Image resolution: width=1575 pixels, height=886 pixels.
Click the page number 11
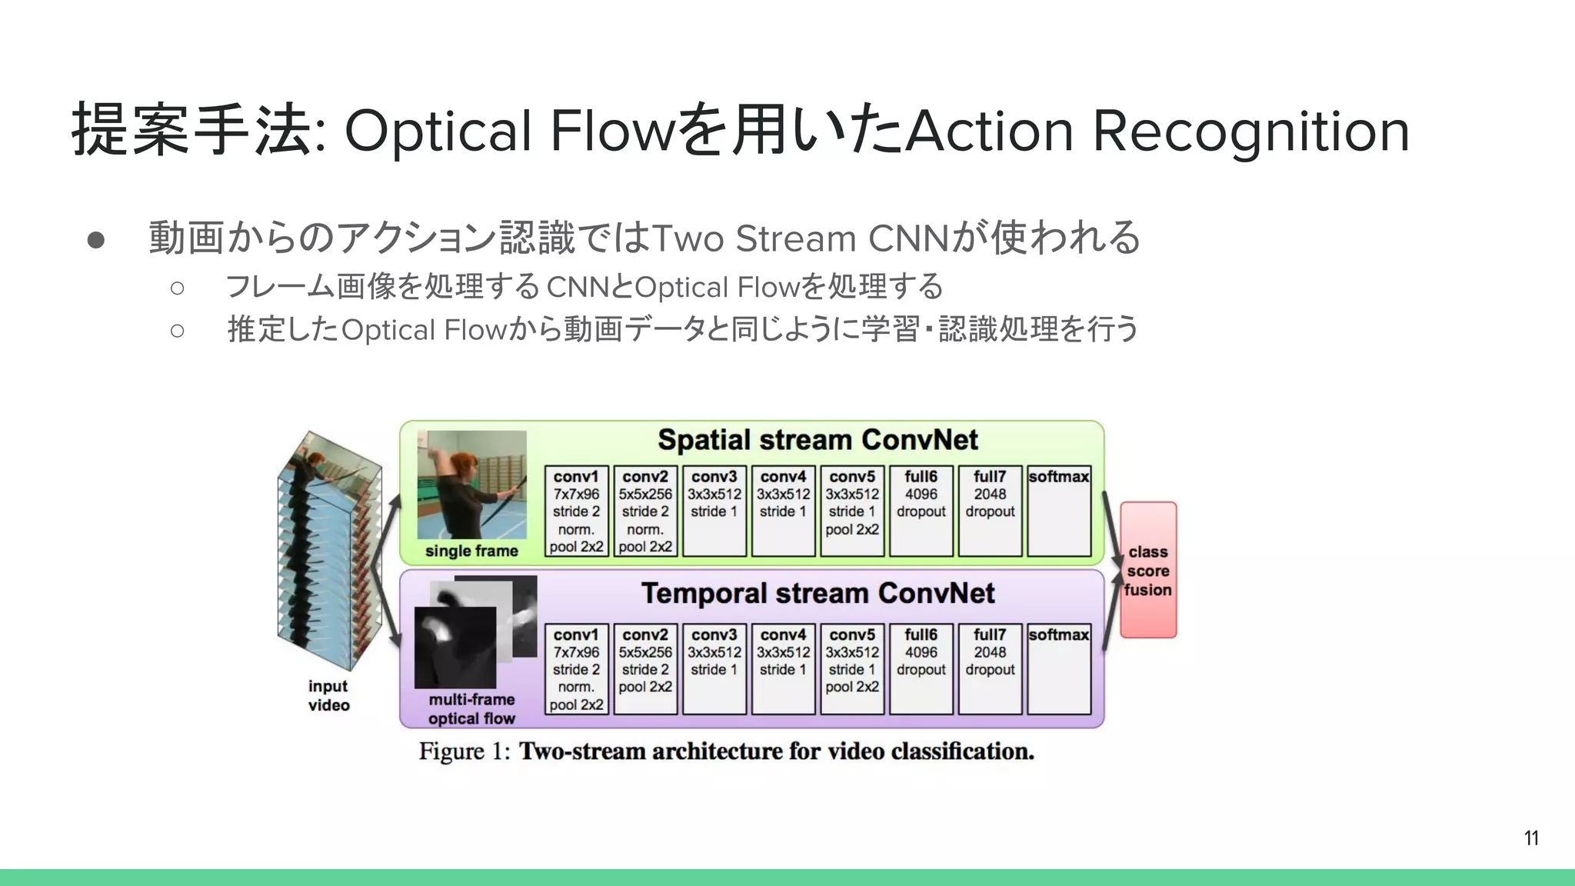click(x=1531, y=838)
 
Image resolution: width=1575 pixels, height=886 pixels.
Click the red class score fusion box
click(x=1148, y=570)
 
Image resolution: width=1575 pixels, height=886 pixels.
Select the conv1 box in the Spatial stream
click(x=576, y=511)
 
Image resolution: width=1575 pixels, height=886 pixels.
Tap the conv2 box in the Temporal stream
click(x=645, y=668)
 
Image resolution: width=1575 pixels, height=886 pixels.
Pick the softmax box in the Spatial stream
click(x=1059, y=511)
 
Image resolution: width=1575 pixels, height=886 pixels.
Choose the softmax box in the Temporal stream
click(x=1059, y=668)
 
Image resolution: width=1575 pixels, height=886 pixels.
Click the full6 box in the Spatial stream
click(x=921, y=511)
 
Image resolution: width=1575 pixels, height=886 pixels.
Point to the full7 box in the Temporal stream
click(x=990, y=668)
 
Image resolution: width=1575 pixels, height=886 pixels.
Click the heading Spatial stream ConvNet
click(x=817, y=440)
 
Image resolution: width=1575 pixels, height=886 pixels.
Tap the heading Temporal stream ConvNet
click(x=817, y=593)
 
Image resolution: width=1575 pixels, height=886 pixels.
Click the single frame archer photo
click(x=472, y=485)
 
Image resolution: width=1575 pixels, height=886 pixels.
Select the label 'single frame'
click(x=471, y=551)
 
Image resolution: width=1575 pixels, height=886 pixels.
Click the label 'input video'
click(x=328, y=695)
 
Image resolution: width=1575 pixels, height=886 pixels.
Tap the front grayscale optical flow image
click(x=454, y=648)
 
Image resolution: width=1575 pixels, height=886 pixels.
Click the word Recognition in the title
click(x=1250, y=131)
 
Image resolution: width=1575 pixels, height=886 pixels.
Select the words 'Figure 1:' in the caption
click(x=465, y=751)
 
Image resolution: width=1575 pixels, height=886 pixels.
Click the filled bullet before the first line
click(x=96, y=239)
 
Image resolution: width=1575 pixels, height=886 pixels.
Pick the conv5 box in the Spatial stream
click(x=852, y=511)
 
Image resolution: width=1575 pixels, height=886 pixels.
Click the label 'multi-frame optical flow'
click(x=471, y=708)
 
